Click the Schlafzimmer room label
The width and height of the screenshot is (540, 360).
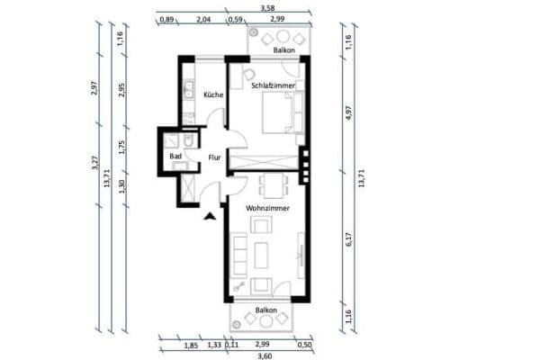(x=274, y=85)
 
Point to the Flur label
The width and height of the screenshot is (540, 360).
(x=214, y=157)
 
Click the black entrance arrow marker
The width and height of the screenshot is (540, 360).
(x=210, y=215)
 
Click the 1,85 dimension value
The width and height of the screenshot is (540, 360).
(x=191, y=344)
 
